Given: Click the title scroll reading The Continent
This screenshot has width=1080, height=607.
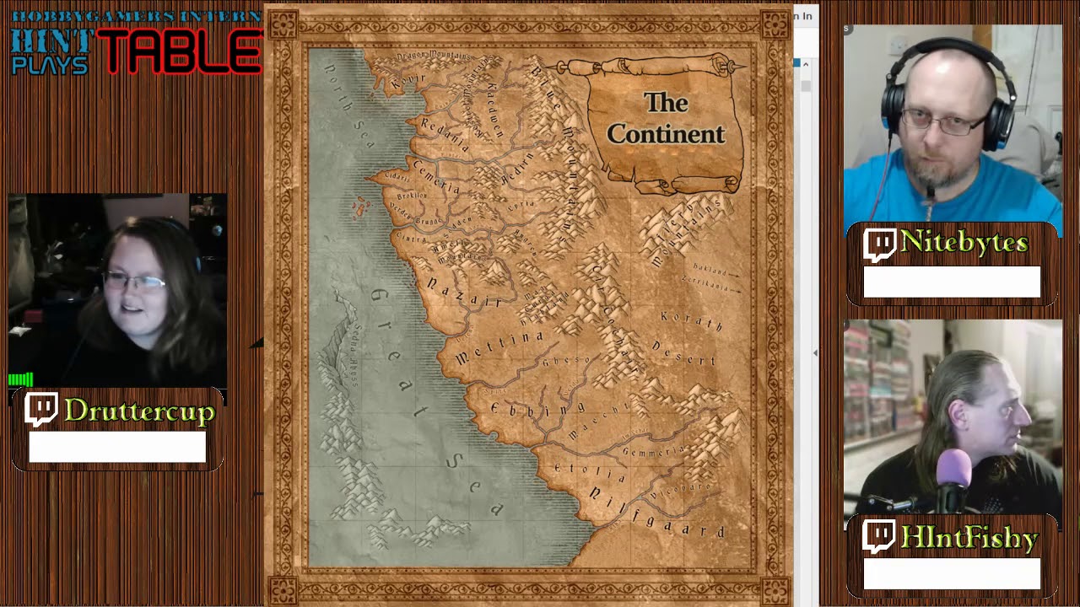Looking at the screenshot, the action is tap(666, 119).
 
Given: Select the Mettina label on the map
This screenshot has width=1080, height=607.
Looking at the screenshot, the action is tap(500, 346).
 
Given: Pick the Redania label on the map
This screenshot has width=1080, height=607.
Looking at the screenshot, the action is tap(444, 134).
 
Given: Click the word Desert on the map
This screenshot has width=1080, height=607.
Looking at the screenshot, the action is tap(683, 355).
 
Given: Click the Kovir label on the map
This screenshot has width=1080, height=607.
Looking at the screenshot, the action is tap(409, 81).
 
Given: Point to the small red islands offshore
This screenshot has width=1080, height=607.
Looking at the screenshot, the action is tap(361, 206).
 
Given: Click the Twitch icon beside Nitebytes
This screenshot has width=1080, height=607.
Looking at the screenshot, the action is tap(879, 245).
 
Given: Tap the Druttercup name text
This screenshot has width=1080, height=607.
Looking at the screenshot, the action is tap(139, 411).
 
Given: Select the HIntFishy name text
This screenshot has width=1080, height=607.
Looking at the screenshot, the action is tap(969, 538).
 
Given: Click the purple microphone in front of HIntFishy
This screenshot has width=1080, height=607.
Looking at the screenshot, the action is tap(953, 469).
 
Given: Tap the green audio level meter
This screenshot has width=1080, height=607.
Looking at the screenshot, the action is tap(20, 379).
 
